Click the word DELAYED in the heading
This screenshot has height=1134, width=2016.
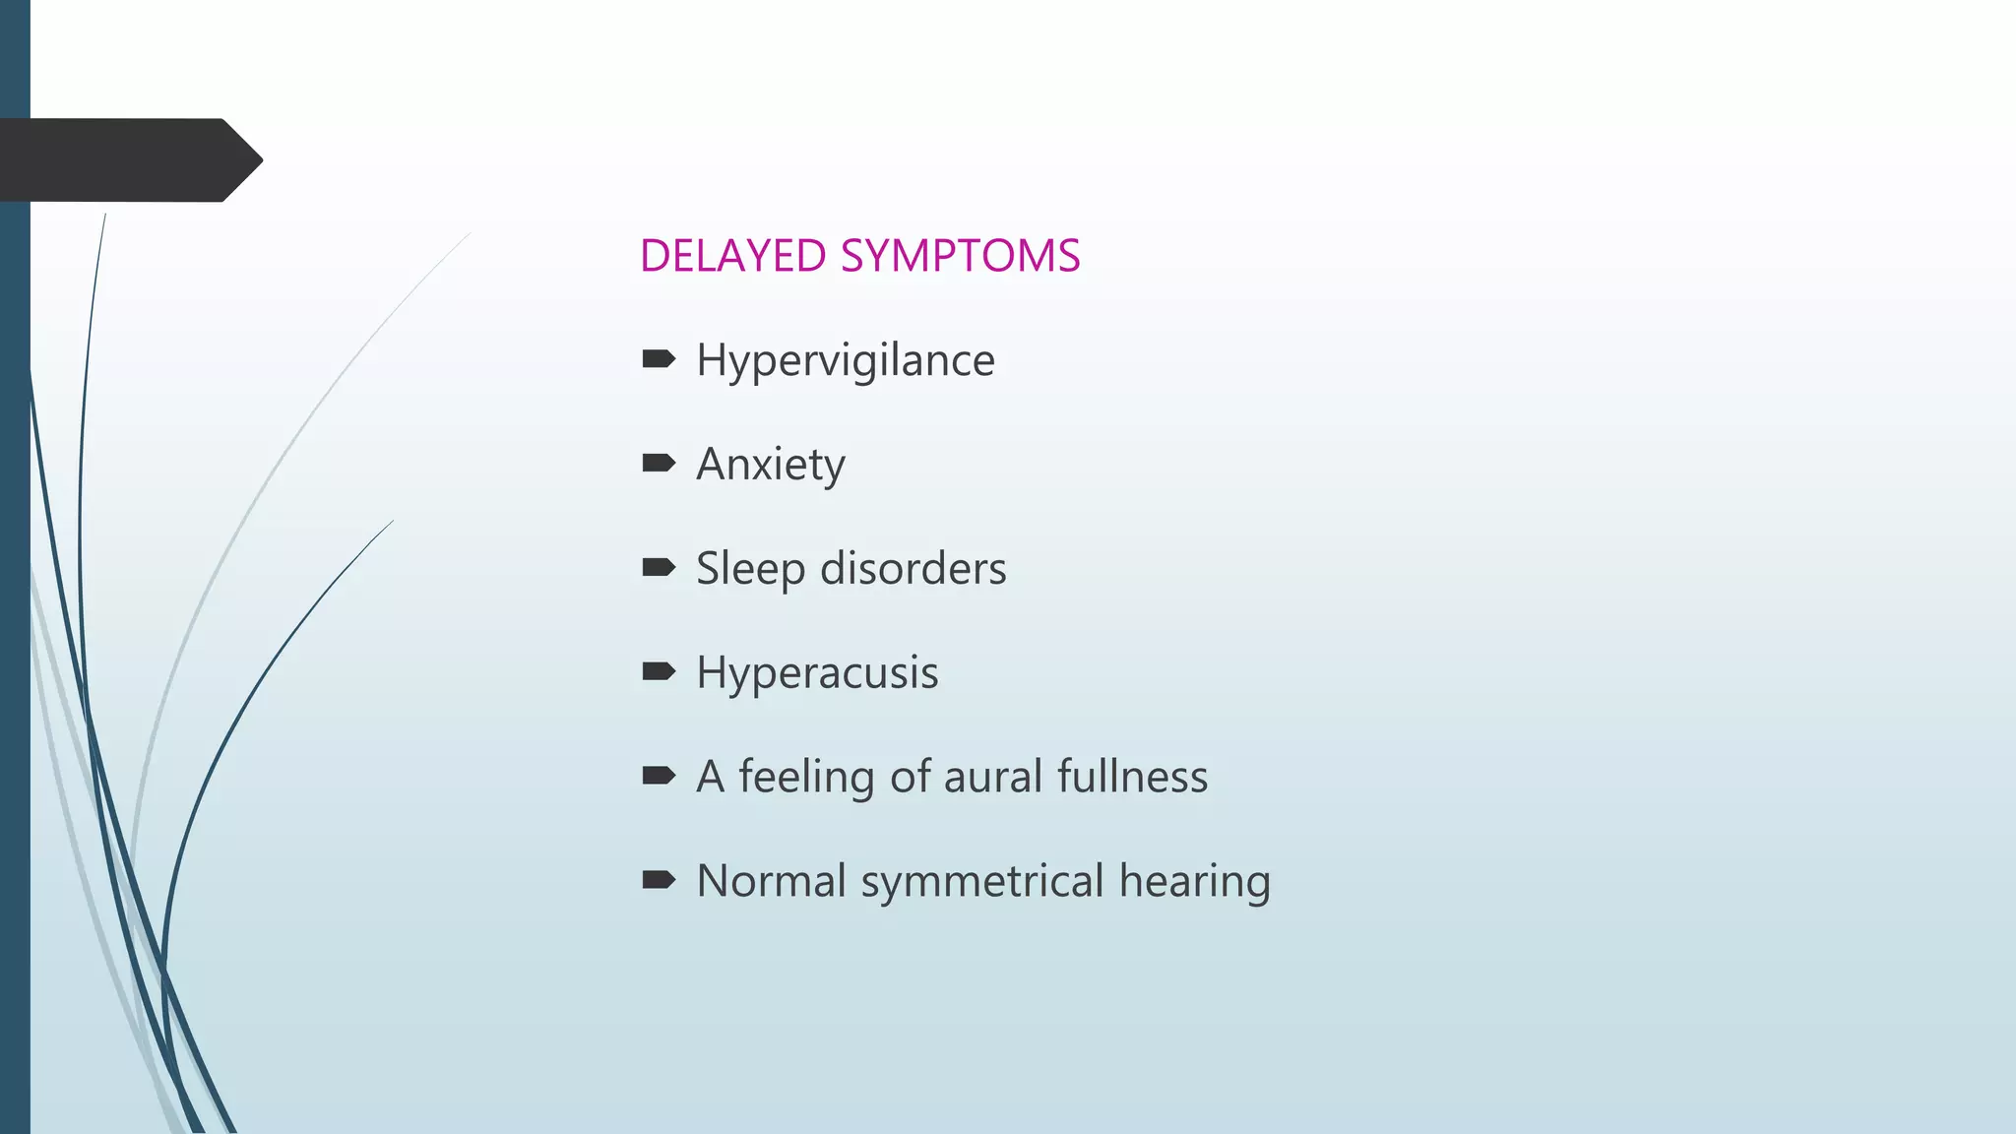pos(732,256)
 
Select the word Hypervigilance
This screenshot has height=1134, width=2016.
pos(845,360)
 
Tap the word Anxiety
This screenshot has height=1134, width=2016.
pos(770,465)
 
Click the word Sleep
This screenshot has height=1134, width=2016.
pos(750,569)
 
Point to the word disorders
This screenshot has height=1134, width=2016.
pos(913,569)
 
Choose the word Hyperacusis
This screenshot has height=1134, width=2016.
pos(817,673)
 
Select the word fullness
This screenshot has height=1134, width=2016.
pos(1132,777)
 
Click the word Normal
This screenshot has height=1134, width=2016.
pos(771,881)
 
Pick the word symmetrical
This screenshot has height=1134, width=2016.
pos(982,881)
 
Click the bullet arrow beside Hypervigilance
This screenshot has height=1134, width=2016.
pos(658,359)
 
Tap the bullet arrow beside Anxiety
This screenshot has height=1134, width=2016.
pos(658,463)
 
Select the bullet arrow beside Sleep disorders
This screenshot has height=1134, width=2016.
pos(658,567)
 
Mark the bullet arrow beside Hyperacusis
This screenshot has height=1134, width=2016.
pos(658,671)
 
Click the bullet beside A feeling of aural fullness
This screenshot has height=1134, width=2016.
pos(658,776)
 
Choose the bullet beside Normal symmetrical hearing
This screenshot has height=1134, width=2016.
pos(658,879)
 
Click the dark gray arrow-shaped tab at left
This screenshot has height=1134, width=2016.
pos(128,160)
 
